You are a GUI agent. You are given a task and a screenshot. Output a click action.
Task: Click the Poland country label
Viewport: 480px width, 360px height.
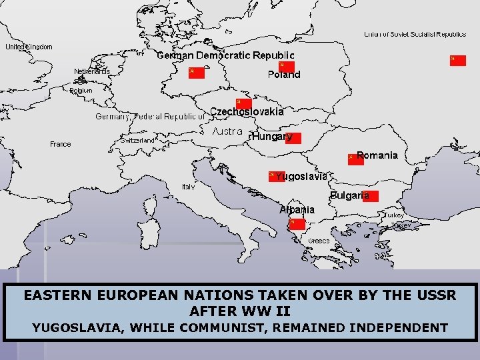tap(284, 75)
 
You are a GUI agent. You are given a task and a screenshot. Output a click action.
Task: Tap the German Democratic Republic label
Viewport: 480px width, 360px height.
tap(225, 55)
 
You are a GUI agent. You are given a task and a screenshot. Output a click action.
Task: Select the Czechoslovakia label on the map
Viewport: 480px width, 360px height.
tap(247, 111)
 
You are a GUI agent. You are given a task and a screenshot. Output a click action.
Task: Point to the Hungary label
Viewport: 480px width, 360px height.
tap(272, 137)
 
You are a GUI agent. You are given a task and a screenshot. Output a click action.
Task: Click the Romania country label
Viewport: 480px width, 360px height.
tap(377, 155)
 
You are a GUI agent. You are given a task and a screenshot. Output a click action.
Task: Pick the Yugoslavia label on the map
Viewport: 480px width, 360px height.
tap(301, 177)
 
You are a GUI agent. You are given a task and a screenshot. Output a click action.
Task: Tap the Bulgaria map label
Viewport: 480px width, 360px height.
tap(350, 195)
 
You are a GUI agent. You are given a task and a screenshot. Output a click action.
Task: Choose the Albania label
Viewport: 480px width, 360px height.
tap(297, 209)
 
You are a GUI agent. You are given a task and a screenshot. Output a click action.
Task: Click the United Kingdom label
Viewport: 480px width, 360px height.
tap(29, 47)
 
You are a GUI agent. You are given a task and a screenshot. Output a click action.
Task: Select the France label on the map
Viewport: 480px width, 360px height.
tap(60, 144)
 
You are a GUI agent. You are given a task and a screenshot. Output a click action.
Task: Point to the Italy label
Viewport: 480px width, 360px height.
tap(189, 187)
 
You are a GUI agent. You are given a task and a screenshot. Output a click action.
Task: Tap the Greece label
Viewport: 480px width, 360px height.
tap(318, 241)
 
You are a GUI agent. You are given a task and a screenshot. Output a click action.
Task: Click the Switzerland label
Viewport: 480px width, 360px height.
tap(139, 141)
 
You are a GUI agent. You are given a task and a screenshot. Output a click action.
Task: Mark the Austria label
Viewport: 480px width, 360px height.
tap(227, 132)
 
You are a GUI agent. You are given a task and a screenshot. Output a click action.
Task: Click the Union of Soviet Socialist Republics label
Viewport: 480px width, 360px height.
tap(415, 34)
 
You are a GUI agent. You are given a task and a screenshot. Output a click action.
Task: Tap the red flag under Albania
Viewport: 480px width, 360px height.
tap(297, 224)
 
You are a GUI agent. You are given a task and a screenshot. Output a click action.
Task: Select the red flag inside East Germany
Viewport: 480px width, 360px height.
tap(196, 72)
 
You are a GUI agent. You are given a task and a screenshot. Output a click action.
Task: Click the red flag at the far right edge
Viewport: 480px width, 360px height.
tap(457, 60)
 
